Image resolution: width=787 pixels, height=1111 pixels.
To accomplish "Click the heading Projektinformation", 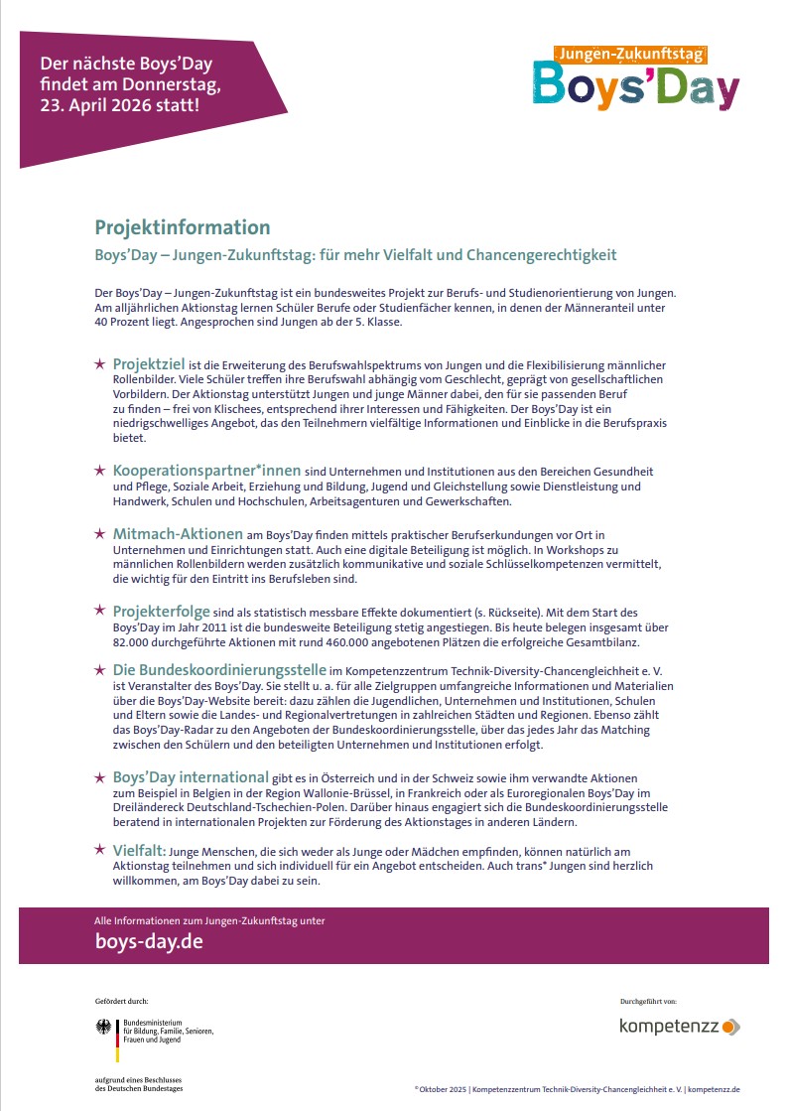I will pyautogui.click(x=183, y=227).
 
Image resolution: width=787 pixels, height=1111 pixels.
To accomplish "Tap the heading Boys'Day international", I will pyautogui.click(x=191, y=775).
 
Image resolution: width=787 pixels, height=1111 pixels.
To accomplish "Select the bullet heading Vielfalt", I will pyautogui.click(x=139, y=850).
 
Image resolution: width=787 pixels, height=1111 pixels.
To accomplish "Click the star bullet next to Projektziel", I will pyautogui.click(x=99, y=365).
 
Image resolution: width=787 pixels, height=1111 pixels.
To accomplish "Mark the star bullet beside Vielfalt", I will pyautogui.click(x=99, y=851).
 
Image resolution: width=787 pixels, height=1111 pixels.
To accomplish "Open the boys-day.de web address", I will pyautogui.click(x=148, y=941).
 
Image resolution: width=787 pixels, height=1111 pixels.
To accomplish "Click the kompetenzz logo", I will pyautogui.click(x=680, y=1027).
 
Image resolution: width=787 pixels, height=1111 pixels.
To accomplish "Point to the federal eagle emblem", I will pyautogui.click(x=104, y=1028).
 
